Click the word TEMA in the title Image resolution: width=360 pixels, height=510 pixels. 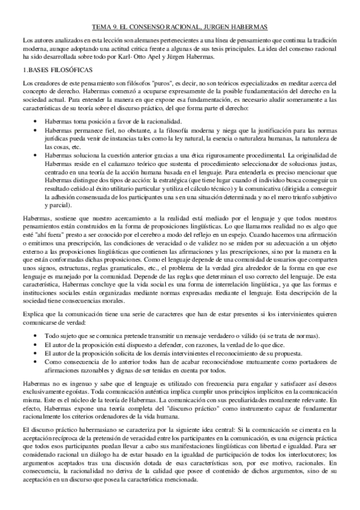(104, 27)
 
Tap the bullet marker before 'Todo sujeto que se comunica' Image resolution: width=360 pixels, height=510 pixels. (38, 334)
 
